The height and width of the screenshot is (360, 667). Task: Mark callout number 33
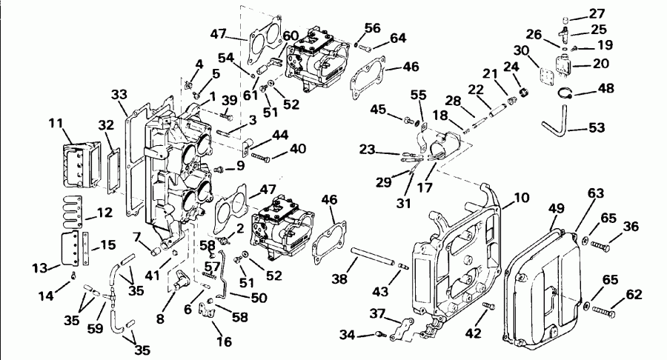pos(119,95)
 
